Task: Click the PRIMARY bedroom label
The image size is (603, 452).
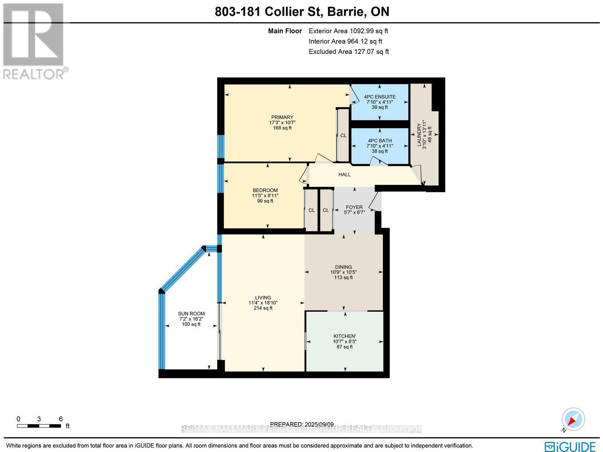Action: [x=282, y=117]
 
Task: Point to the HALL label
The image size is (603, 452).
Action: [x=344, y=175]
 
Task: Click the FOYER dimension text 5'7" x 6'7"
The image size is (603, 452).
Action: [x=354, y=212]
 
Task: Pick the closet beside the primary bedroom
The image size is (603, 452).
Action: [x=343, y=135]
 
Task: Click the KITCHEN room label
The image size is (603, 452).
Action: [x=344, y=336]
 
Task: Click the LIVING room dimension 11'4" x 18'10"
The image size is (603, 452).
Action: [x=263, y=303]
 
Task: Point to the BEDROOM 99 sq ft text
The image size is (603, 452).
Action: [x=265, y=201]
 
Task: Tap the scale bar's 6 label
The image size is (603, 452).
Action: [x=61, y=419]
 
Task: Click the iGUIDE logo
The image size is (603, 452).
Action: [x=570, y=446]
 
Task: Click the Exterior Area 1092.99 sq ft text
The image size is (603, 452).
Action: [x=348, y=31]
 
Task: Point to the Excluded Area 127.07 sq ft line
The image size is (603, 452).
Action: [x=348, y=52]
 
